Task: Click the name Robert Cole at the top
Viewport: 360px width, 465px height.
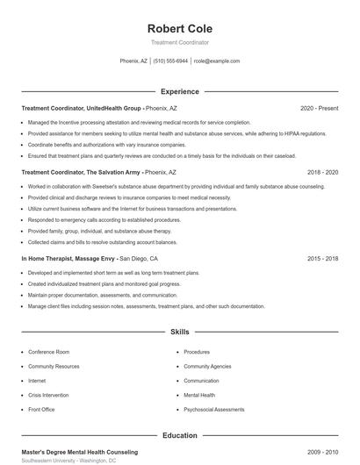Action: (x=180, y=29)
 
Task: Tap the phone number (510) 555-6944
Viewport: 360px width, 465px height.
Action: (x=170, y=61)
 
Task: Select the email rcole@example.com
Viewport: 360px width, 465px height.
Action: (x=216, y=61)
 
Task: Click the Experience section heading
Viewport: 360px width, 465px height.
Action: (x=180, y=91)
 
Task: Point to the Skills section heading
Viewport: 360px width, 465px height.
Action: (x=180, y=333)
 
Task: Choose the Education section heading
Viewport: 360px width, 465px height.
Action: (x=180, y=435)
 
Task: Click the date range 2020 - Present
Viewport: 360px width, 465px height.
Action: (x=319, y=108)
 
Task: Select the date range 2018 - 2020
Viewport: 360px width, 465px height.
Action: (x=322, y=173)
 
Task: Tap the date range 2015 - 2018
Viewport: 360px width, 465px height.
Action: (x=322, y=259)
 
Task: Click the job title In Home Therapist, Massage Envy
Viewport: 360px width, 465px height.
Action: (x=69, y=259)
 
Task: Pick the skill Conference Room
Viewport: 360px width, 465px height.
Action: (x=49, y=352)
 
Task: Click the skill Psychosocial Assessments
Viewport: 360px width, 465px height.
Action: (x=214, y=410)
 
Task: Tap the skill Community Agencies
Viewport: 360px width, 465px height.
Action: (x=207, y=366)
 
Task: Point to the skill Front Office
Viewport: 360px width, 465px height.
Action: (x=41, y=410)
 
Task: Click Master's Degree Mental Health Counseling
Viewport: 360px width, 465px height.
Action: (x=80, y=452)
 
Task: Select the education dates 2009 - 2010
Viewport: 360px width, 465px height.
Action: (x=322, y=452)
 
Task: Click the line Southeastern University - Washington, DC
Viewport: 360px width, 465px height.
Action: (x=68, y=461)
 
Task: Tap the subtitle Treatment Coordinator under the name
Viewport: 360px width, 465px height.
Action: (x=180, y=42)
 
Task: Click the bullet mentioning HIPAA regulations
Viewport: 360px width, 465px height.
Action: (x=177, y=133)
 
